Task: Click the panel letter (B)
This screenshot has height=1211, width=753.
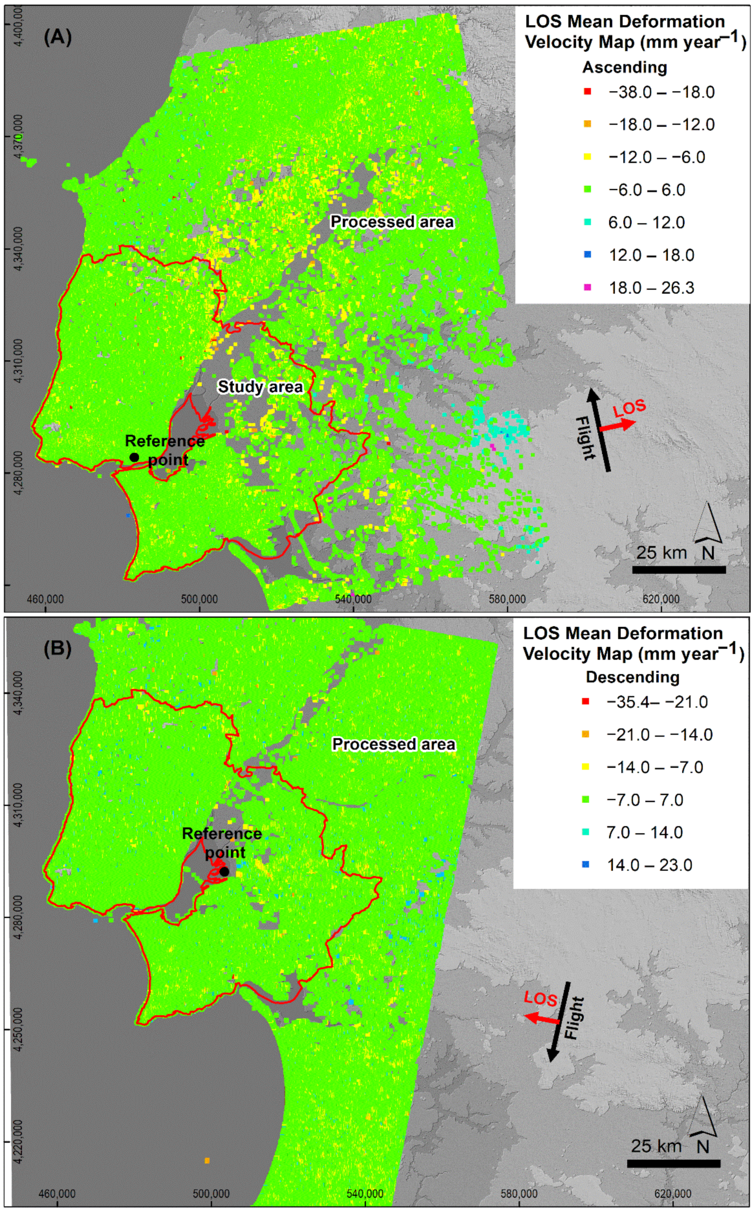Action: click(x=57, y=648)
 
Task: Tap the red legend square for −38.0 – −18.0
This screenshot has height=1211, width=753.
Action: click(x=587, y=92)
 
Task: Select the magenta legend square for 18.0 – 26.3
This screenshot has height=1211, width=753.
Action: click(x=587, y=287)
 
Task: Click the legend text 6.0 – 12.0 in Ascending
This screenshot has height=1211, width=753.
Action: click(x=646, y=222)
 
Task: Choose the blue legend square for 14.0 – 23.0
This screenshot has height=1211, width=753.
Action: click(x=586, y=864)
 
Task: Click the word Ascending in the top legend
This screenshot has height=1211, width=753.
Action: click(x=624, y=67)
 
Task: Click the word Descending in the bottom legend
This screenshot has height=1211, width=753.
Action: click(x=632, y=677)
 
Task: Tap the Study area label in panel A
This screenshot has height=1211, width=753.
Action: click(x=260, y=387)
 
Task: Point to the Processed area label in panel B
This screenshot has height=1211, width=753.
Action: click(x=393, y=744)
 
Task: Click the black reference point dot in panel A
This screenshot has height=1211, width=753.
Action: click(x=134, y=457)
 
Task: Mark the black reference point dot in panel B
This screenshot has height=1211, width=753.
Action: click(x=224, y=872)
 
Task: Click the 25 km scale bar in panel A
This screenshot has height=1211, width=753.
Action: click(x=678, y=570)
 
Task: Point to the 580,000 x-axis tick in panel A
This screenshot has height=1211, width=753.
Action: click(x=507, y=599)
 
